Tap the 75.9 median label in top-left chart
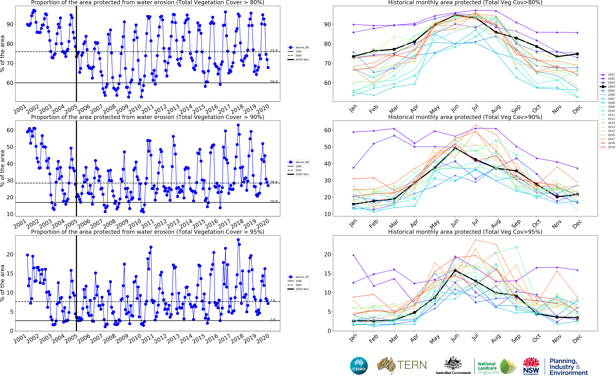pyautogui.click(x=274, y=51)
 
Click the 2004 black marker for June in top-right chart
pyautogui.click(x=455, y=15)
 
